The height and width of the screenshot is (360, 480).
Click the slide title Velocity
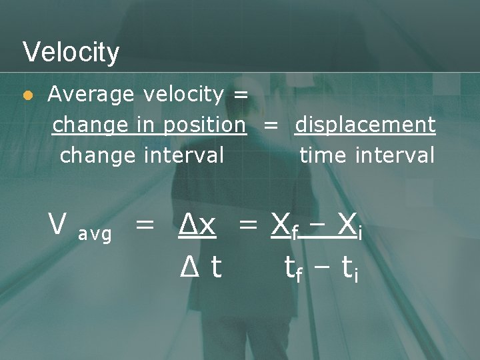point(71,52)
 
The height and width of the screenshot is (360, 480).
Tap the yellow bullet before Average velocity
point(27,96)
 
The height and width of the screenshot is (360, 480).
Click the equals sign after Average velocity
point(241,95)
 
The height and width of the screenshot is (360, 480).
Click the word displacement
point(365,125)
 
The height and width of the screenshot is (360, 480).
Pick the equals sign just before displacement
point(270,125)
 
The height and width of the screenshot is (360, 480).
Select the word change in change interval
point(98,156)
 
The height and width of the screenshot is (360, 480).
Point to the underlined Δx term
point(197,227)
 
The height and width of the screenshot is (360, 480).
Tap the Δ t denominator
point(201,267)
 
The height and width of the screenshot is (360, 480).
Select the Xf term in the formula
point(284,228)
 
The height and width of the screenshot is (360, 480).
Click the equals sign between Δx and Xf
point(248,227)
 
